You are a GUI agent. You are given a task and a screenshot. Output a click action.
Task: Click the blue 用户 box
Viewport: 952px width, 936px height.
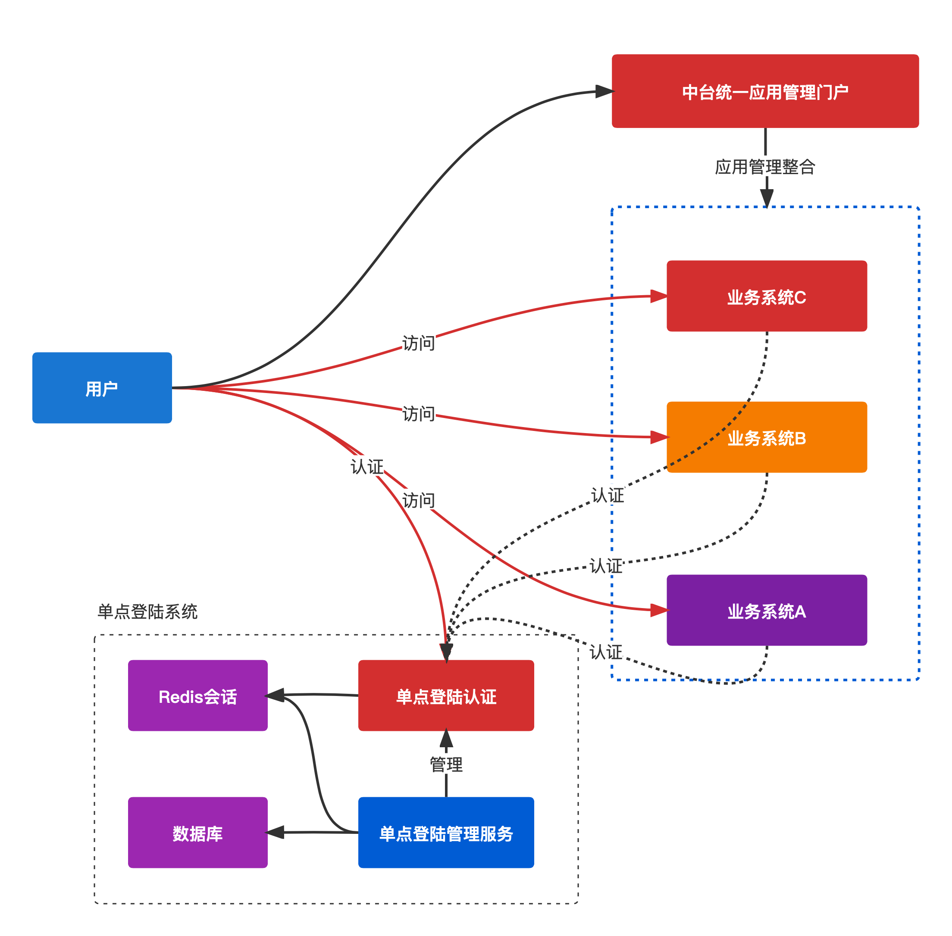pyautogui.click(x=102, y=388)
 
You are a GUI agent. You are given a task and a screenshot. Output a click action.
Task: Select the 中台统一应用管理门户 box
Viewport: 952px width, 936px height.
pyautogui.click(x=765, y=91)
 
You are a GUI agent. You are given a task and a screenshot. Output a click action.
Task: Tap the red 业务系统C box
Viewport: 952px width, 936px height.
pyautogui.click(x=767, y=296)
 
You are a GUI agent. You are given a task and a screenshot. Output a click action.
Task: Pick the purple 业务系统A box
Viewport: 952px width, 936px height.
pyautogui.click(x=767, y=610)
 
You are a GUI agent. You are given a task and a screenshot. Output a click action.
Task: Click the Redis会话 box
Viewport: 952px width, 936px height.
pyautogui.click(x=197, y=696)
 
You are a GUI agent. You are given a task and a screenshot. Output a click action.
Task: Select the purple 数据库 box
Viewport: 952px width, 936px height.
pyautogui.click(x=197, y=833)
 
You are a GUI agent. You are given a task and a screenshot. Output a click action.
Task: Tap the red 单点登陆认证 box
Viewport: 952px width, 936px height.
pyautogui.click(x=446, y=696)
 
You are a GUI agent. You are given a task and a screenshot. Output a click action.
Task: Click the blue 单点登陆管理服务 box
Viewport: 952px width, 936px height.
pyautogui.click(x=446, y=833)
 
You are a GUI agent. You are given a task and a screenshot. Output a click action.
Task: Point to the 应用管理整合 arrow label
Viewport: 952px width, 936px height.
pyautogui.click(x=765, y=167)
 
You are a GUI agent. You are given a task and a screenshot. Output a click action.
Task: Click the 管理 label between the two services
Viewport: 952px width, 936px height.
pyautogui.click(x=446, y=764)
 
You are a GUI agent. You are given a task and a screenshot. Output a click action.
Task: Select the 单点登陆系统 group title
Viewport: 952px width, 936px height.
pyautogui.click(x=147, y=612)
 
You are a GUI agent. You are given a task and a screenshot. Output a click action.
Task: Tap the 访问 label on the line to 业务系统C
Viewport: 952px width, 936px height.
pyautogui.click(x=419, y=343)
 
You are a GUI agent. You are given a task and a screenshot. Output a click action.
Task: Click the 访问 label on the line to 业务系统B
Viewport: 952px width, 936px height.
pyautogui.click(x=419, y=413)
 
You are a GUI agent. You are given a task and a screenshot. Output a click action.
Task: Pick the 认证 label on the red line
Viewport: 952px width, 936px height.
pyautogui.click(x=367, y=466)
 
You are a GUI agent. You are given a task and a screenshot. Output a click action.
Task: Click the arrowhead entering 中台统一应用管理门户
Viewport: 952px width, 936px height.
pyautogui.click(x=604, y=91)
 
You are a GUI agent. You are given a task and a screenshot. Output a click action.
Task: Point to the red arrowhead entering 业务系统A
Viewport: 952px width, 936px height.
pyautogui.click(x=659, y=610)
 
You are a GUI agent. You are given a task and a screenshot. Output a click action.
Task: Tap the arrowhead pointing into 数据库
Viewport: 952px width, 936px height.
pyautogui.click(x=276, y=832)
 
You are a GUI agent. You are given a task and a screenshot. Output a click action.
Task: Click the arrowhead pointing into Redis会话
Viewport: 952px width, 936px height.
pyautogui.click(x=276, y=695)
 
